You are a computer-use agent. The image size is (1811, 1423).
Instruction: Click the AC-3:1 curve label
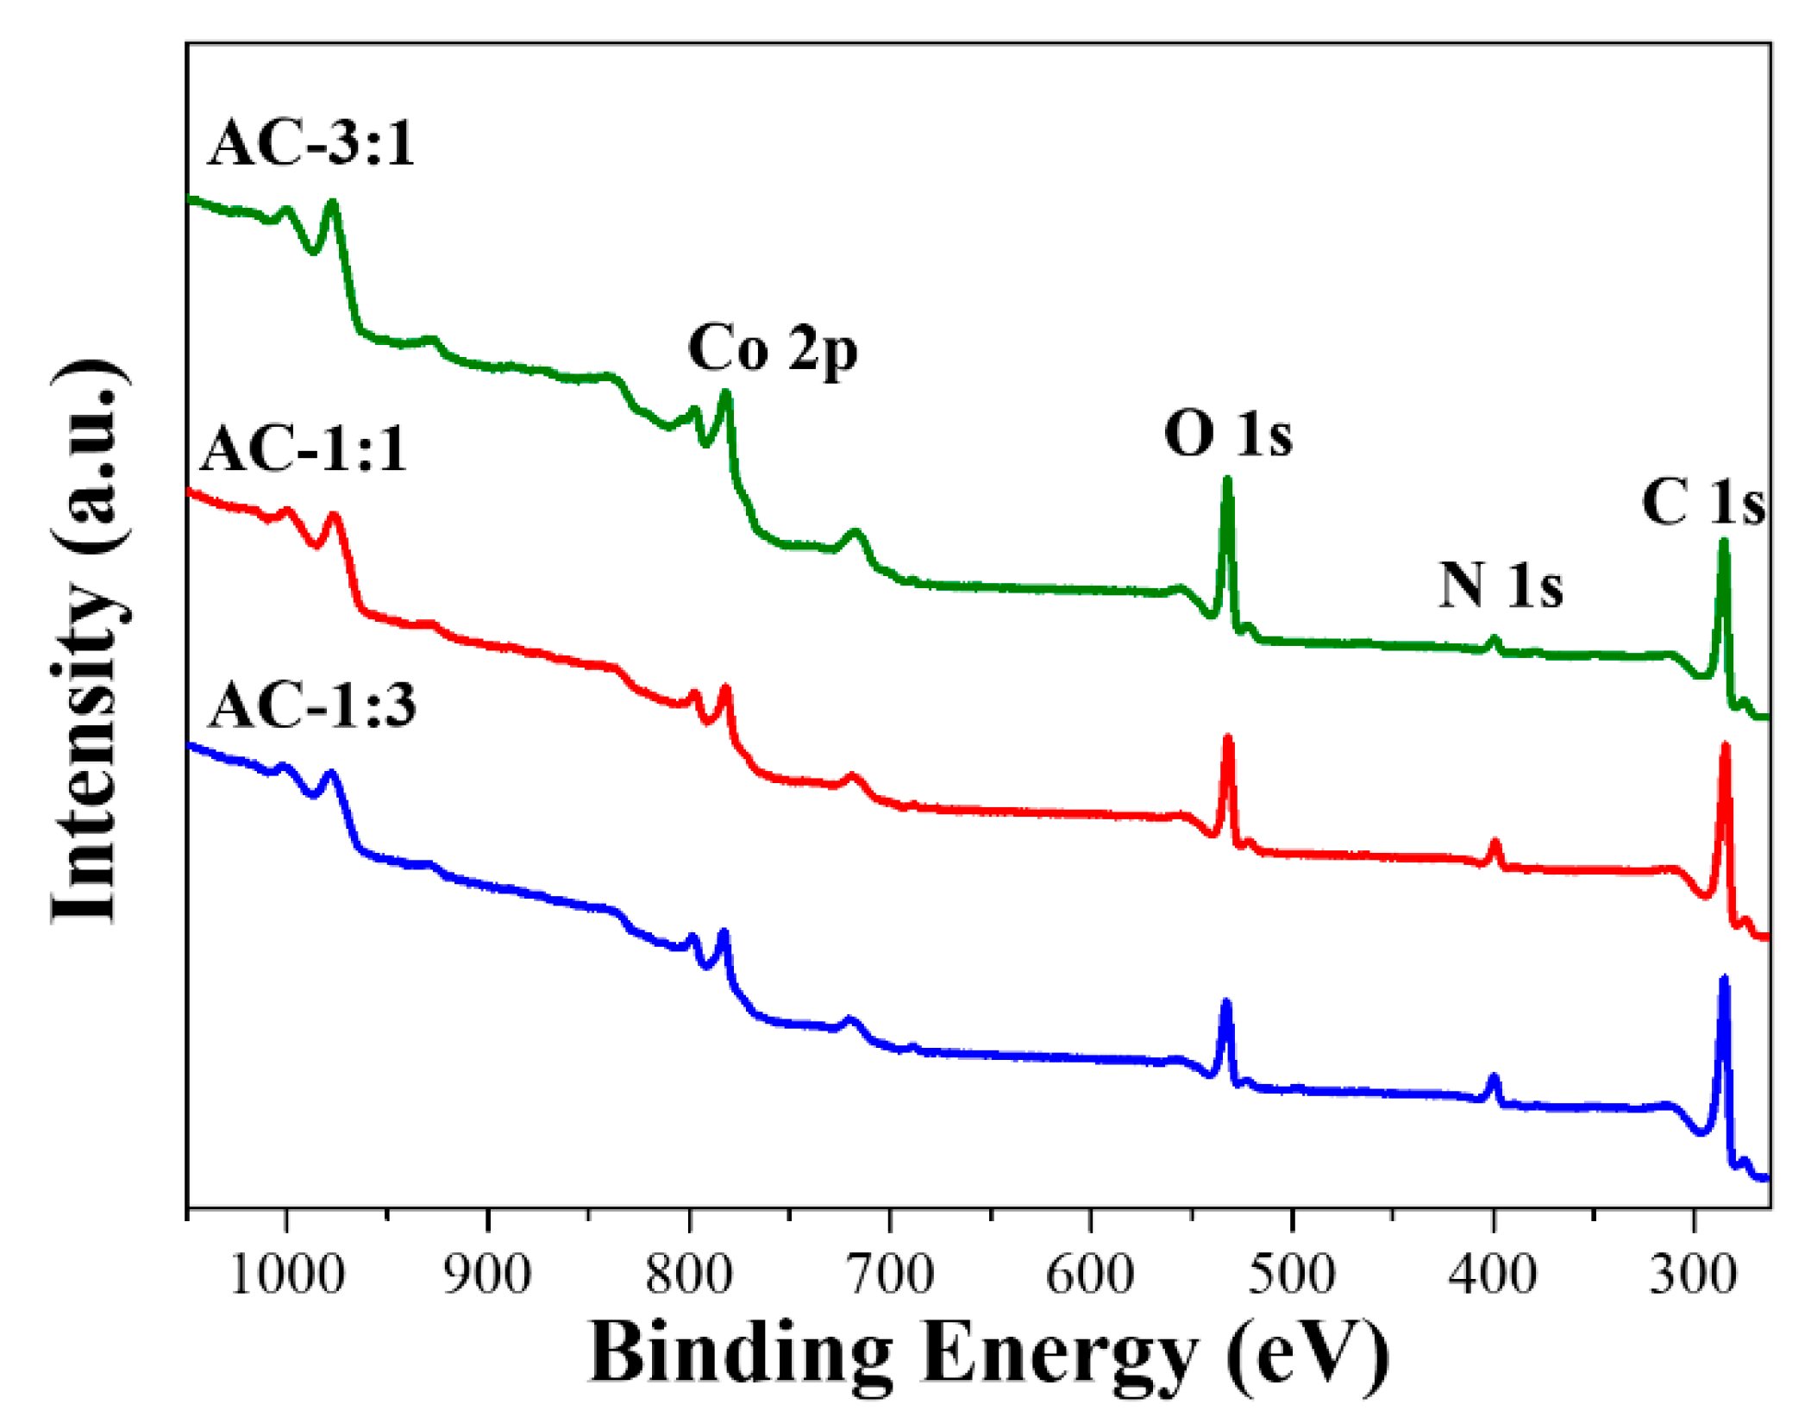pyautogui.click(x=312, y=143)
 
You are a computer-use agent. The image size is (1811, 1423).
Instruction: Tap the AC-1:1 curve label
pyautogui.click(x=304, y=449)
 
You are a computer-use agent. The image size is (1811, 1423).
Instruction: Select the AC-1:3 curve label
pyautogui.click(x=312, y=706)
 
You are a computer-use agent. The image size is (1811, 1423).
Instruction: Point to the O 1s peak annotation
pyautogui.click(x=1228, y=434)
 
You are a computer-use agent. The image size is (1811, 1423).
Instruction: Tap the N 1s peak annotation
pyautogui.click(x=1501, y=586)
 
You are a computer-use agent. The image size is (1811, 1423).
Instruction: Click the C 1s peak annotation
pyautogui.click(x=1703, y=502)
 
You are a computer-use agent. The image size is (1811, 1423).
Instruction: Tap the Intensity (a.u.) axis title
pyautogui.click(x=86, y=643)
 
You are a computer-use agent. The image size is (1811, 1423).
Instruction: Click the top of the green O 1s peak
pyautogui.click(x=1228, y=480)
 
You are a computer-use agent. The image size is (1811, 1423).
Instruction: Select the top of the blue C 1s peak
pyautogui.click(x=1725, y=980)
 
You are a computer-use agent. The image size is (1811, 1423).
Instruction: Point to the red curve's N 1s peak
pyautogui.click(x=1495, y=842)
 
